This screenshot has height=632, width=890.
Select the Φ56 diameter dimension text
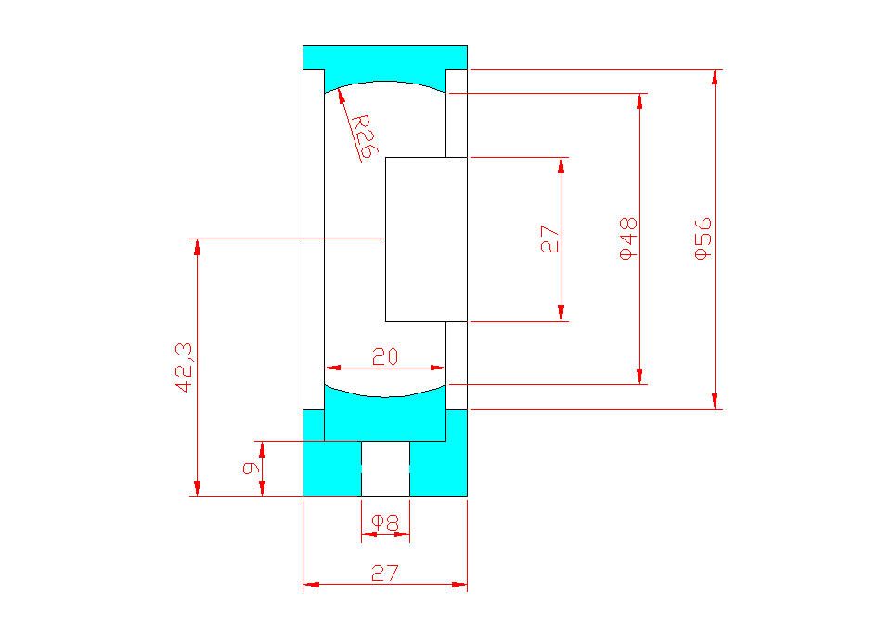click(703, 239)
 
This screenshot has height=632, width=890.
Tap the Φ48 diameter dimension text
click(628, 239)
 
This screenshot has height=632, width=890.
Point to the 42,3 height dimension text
click(185, 368)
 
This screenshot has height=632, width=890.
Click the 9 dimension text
click(251, 468)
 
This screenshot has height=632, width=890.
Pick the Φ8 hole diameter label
click(385, 522)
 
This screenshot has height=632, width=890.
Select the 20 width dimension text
click(385, 356)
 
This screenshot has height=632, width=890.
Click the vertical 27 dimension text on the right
click(549, 239)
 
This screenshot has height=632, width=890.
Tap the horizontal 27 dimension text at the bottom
click(385, 573)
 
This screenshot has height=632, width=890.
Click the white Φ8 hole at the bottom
click(385, 469)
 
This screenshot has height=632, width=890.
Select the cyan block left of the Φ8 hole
click(332, 469)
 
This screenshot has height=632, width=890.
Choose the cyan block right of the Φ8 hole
click(438, 469)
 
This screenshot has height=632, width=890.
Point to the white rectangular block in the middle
click(426, 239)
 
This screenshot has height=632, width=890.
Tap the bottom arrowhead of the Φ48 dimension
click(639, 377)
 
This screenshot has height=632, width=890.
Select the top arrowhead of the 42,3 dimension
click(197, 247)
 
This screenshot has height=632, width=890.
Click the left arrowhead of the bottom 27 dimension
click(311, 584)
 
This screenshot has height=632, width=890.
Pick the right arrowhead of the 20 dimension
click(438, 368)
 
